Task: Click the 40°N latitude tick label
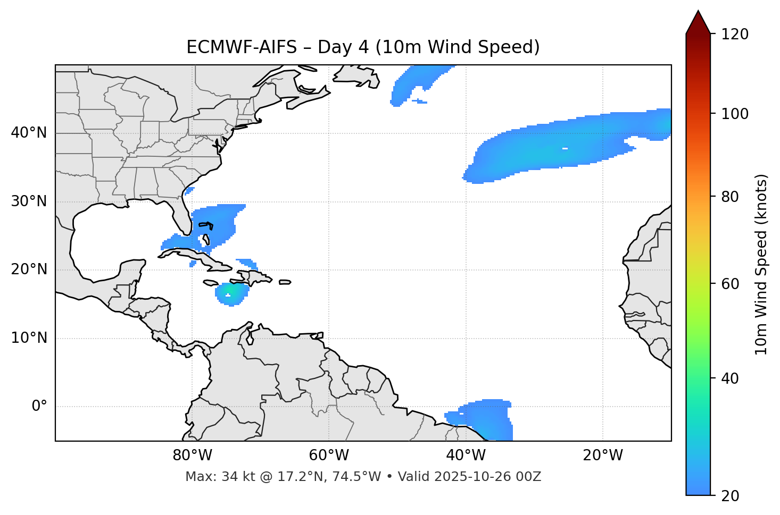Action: point(29,133)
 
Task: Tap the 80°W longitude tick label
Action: point(192,455)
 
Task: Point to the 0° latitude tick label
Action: point(39,407)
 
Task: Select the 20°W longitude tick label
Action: point(603,455)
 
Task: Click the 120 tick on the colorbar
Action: point(735,35)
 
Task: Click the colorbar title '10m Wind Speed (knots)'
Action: point(761,264)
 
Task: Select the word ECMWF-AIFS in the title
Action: point(242,47)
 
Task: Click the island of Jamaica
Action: point(211,283)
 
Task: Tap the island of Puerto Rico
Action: point(285,282)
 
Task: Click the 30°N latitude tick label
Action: point(29,201)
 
